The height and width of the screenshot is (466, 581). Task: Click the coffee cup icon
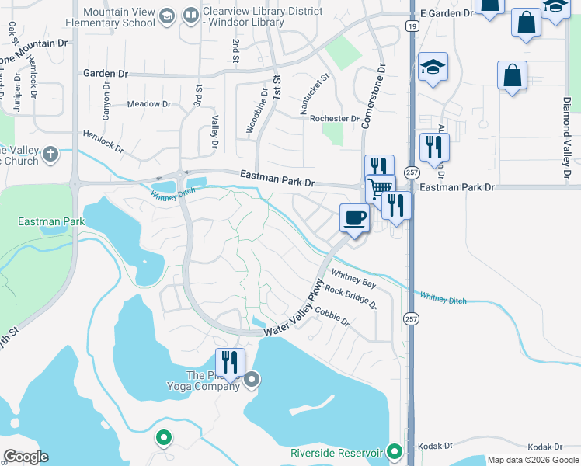pyautogui.click(x=354, y=218)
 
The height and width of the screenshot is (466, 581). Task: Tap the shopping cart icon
pyautogui.click(x=380, y=188)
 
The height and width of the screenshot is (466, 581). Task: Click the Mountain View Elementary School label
pyautogui.click(x=118, y=16)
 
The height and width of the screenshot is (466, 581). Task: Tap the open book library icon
pyautogui.click(x=191, y=16)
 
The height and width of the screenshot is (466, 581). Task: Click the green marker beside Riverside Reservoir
pyautogui.click(x=395, y=451)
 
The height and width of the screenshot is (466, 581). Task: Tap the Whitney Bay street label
pyautogui.click(x=353, y=274)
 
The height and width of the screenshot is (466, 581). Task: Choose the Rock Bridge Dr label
pyautogui.click(x=350, y=296)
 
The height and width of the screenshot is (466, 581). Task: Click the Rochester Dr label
pyautogui.click(x=334, y=120)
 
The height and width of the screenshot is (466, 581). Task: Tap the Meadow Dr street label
pyautogui.click(x=148, y=104)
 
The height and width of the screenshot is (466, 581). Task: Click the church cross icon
pyautogui.click(x=50, y=153)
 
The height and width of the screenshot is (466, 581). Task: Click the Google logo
pyautogui.click(x=26, y=457)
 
